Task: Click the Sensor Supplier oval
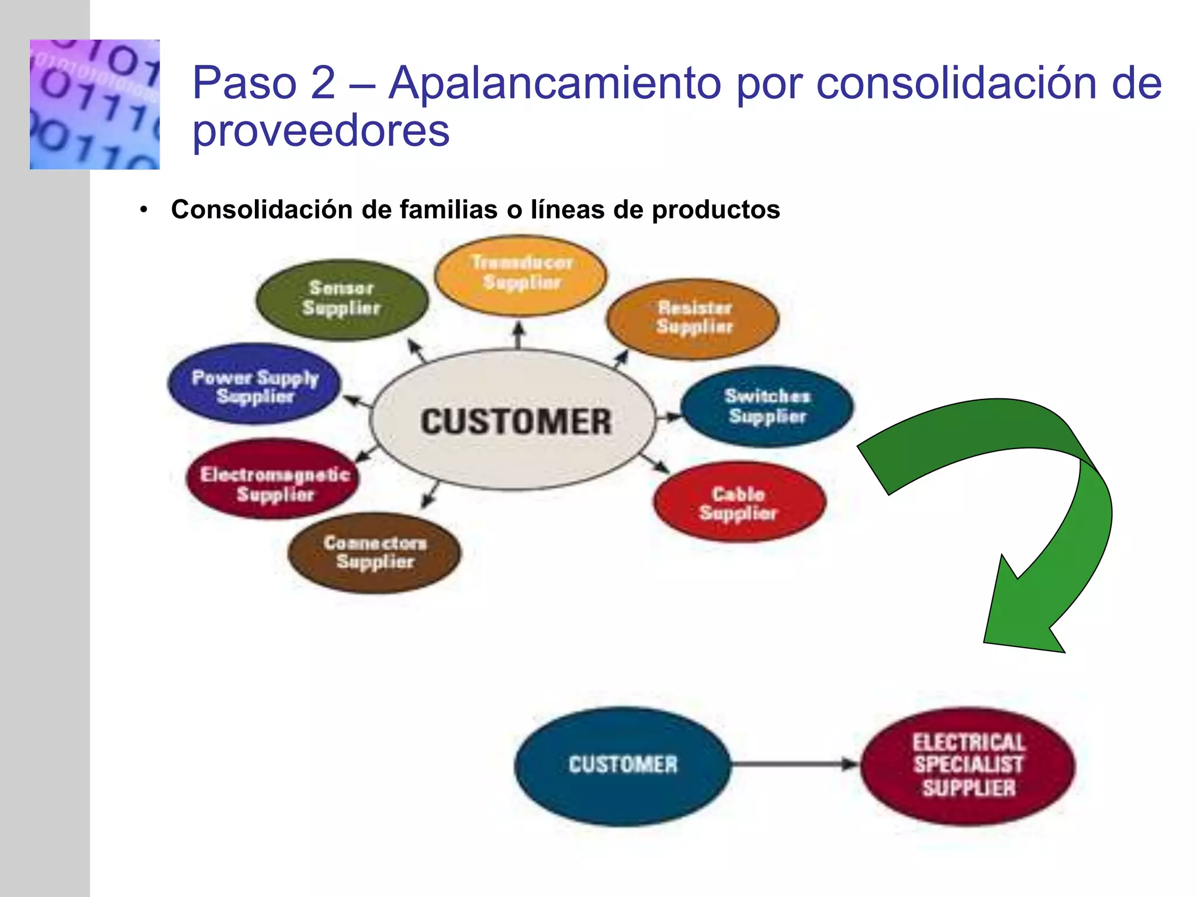point(342,299)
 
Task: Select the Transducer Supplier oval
point(521,274)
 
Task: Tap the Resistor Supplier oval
point(693,318)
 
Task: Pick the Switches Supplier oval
point(767,406)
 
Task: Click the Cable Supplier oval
point(739,502)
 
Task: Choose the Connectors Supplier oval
point(375,552)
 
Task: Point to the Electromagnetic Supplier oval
point(273,479)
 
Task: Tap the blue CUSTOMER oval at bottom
point(622,765)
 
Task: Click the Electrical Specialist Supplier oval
point(968,765)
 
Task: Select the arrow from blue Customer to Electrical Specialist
point(795,763)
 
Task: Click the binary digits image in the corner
point(95,105)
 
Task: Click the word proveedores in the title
point(321,131)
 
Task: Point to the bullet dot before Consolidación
point(144,210)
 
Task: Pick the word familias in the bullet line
point(448,210)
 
